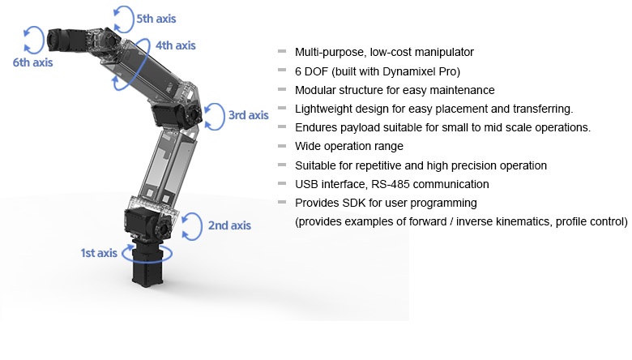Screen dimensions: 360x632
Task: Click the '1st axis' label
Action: [98, 253]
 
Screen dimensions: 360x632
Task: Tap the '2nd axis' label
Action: [229, 225]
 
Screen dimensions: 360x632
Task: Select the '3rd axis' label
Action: [248, 115]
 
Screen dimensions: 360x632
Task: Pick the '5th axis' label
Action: [156, 18]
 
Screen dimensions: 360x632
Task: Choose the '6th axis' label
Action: [32, 62]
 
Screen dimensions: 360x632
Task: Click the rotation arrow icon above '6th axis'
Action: [33, 37]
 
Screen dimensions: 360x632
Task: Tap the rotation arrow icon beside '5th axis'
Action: [123, 16]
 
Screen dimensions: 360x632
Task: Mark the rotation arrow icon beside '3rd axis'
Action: [214, 115]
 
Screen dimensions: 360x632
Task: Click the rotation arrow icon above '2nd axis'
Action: [190, 225]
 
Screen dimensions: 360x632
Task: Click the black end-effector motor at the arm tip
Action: [62, 39]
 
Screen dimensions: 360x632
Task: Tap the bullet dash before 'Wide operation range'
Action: [282, 146]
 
